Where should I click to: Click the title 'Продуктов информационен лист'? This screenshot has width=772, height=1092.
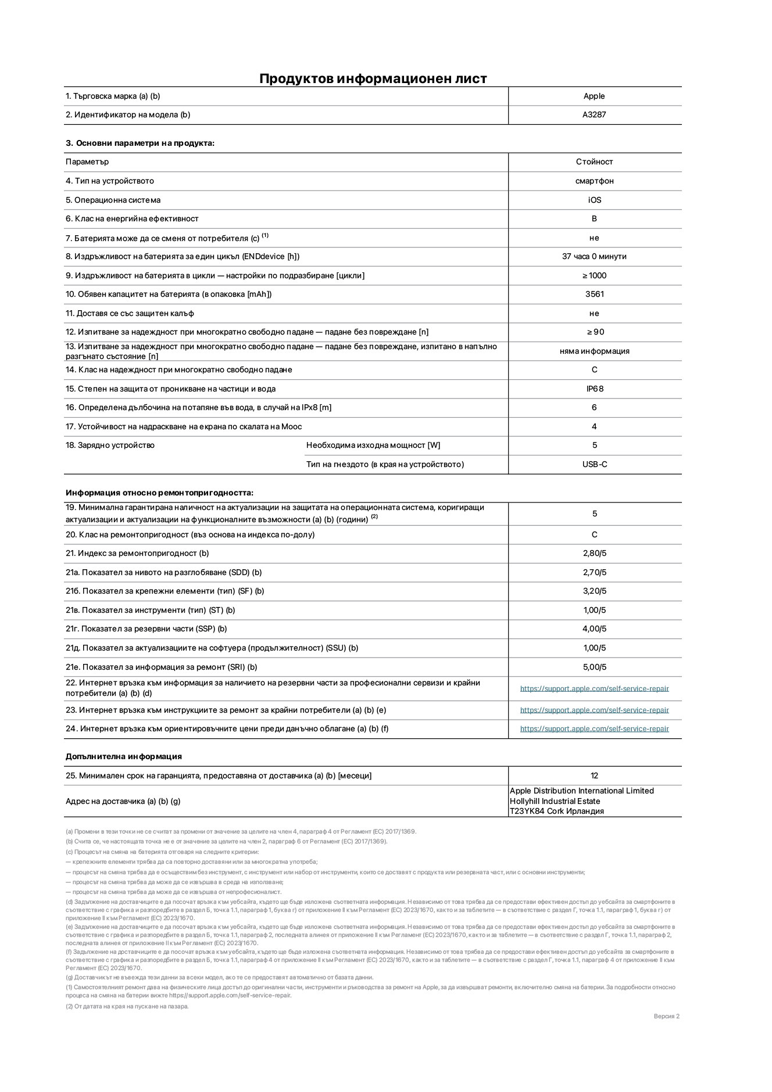pyautogui.click(x=373, y=78)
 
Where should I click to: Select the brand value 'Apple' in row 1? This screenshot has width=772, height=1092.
pyautogui.click(x=594, y=96)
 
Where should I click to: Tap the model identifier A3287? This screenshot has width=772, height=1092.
pyautogui.click(x=594, y=115)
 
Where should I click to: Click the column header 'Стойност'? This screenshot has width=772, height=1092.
pyautogui.click(x=594, y=162)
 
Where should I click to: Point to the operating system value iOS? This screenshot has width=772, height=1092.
pyautogui.click(x=594, y=200)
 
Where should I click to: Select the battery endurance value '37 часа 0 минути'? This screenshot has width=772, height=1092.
pyautogui.click(x=594, y=256)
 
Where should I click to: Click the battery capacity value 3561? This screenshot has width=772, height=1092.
pyautogui.click(x=594, y=294)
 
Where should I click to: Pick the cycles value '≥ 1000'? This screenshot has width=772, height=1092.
pyautogui.click(x=594, y=275)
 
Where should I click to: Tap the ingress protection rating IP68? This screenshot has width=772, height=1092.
pyautogui.click(x=594, y=389)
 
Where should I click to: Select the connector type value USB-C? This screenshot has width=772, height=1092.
pyautogui.click(x=594, y=464)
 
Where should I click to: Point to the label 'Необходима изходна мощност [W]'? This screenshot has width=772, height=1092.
pyautogui.click(x=373, y=446)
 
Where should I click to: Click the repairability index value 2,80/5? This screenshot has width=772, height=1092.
pyautogui.click(x=594, y=554)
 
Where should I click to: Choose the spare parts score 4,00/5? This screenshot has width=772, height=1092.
pyautogui.click(x=594, y=629)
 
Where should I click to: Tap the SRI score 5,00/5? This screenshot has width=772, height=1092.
pyautogui.click(x=594, y=667)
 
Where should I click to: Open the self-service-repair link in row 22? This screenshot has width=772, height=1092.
pyautogui.click(x=594, y=688)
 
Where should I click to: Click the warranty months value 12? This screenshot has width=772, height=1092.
pyautogui.click(x=594, y=775)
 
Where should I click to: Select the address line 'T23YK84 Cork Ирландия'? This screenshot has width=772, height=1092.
pyautogui.click(x=556, y=811)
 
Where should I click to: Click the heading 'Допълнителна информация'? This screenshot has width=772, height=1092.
pyautogui.click(x=123, y=756)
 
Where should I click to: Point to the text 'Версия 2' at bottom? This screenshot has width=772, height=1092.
pyautogui.click(x=666, y=1016)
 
